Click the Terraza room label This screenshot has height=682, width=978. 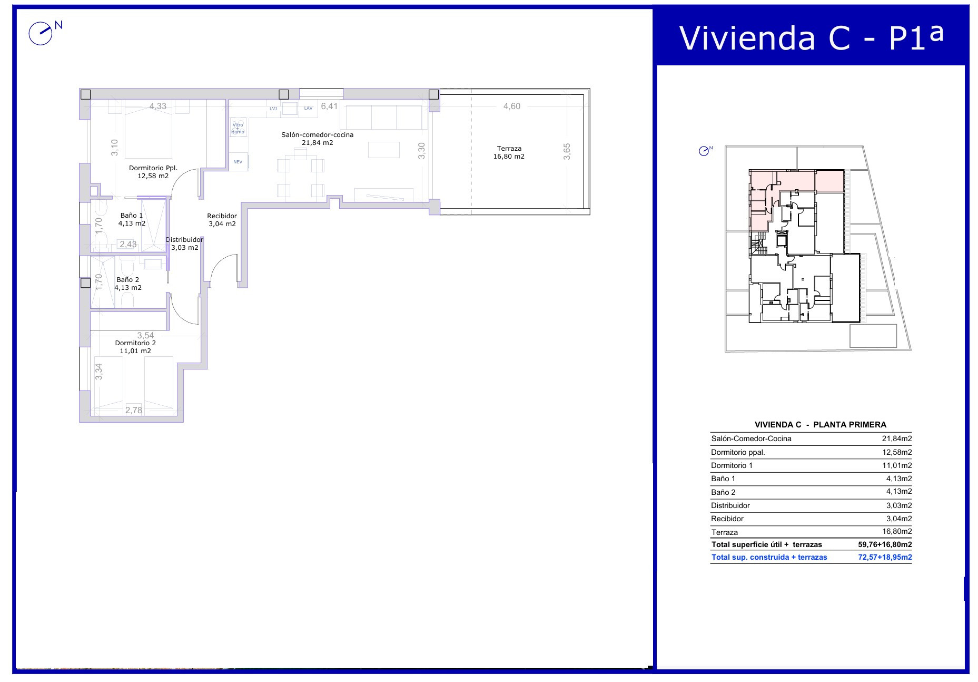coord(509,149)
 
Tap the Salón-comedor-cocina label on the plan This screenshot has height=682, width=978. coord(317,135)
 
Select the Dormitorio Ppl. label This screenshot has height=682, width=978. coord(153,168)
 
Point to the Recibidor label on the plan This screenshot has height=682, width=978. coord(222,216)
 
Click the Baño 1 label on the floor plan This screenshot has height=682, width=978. coord(132,215)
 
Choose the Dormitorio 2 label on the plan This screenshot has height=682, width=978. coord(135,343)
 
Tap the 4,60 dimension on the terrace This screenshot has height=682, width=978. coord(511,106)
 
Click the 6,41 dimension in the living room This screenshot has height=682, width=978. coord(329,106)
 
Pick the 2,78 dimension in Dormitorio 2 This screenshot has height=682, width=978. coord(133,410)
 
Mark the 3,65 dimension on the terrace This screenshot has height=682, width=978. coord(567,151)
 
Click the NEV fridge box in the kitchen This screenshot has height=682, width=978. coord(238,161)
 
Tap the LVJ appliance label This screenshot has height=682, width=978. coord(273,109)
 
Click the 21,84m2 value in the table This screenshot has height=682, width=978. coord(897,439)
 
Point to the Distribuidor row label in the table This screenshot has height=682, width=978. coord(730,505)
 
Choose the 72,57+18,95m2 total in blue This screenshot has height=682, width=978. coord(885,557)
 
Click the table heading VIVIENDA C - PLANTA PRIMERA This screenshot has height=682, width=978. coord(821,424)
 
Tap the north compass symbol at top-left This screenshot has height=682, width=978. coord(42,33)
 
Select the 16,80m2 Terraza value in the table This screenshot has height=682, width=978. coord(897,531)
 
